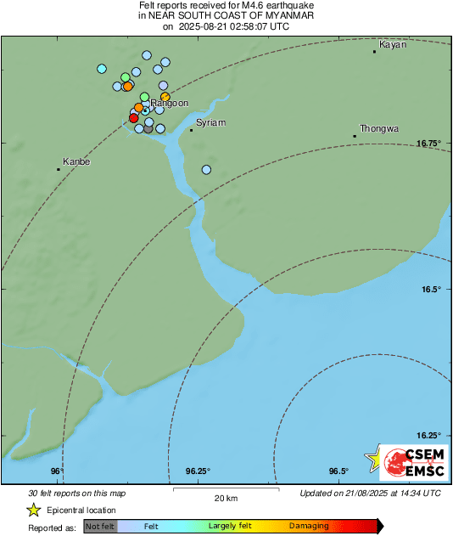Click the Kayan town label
[392, 44]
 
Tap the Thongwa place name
[378, 128]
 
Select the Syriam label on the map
[211, 123]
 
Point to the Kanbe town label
[76, 161]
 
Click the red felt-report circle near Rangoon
[133, 118]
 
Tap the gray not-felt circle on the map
[148, 129]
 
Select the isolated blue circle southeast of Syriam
[206, 170]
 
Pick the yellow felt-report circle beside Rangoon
[165, 98]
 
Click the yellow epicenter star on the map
[372, 459]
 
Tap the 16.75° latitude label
[429, 144]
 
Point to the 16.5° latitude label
[431, 290]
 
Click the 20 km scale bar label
[226, 498]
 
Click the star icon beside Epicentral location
[33, 510]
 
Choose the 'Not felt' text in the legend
[100, 527]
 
